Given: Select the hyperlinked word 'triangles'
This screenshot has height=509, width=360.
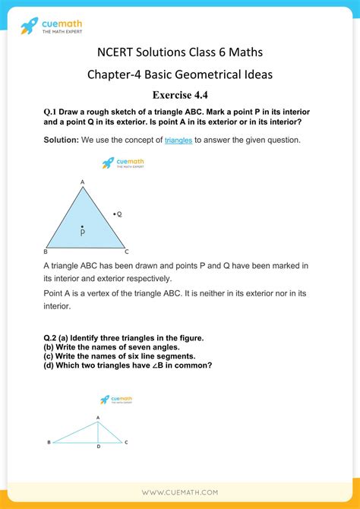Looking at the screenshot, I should coord(178,140).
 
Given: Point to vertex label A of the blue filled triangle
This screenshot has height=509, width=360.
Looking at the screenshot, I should coord(82,182).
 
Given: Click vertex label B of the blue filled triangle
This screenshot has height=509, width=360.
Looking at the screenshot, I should coord(46,251).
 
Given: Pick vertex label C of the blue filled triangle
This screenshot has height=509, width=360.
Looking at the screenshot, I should coord(127,251).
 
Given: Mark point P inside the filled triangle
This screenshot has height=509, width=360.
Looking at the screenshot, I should coord(82,229).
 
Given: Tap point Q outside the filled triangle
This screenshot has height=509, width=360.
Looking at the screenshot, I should coord(114,214).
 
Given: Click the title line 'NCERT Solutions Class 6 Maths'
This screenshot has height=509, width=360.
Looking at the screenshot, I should coord(180,52).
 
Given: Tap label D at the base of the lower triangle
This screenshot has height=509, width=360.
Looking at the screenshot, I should coord(98,447).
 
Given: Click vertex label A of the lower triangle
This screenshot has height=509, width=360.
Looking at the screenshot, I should coord(97,417).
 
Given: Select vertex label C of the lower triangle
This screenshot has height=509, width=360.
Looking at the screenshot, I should coord(126,441).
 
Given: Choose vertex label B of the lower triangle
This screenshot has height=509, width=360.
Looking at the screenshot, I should coord(49,441).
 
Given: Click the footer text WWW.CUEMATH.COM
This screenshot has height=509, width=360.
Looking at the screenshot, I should coord(180,492).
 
